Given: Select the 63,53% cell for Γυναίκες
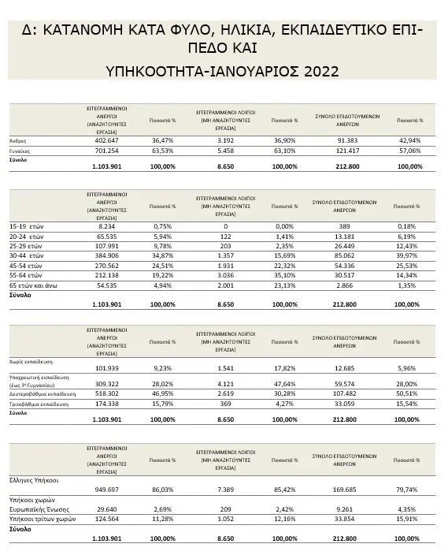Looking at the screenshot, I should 162,150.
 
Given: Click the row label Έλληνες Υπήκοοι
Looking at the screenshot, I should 35,479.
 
